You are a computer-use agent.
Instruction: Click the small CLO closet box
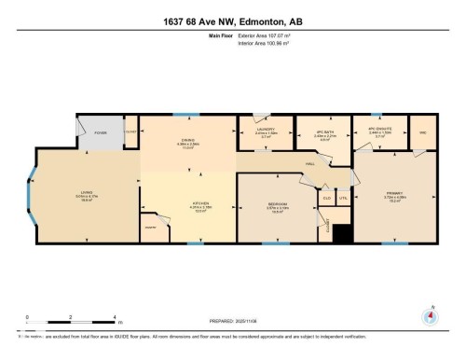326,198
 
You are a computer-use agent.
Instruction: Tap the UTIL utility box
343,198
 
